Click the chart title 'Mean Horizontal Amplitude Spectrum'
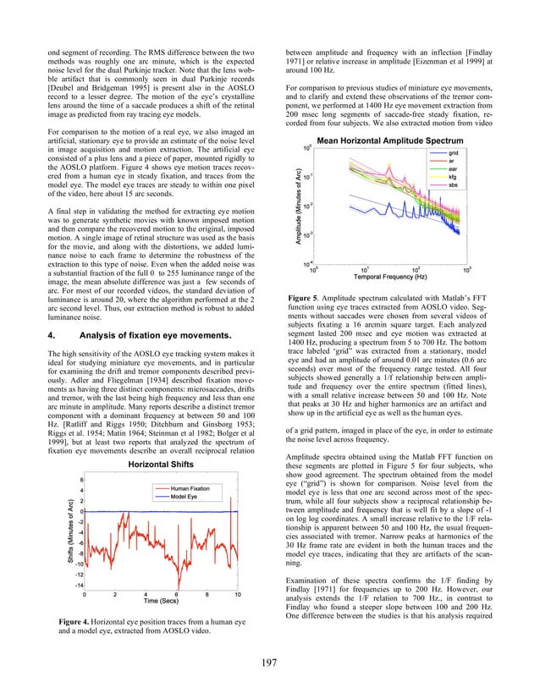coord(388,140)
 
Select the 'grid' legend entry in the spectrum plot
coord(453,152)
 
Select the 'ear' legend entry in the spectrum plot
coord(453,168)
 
